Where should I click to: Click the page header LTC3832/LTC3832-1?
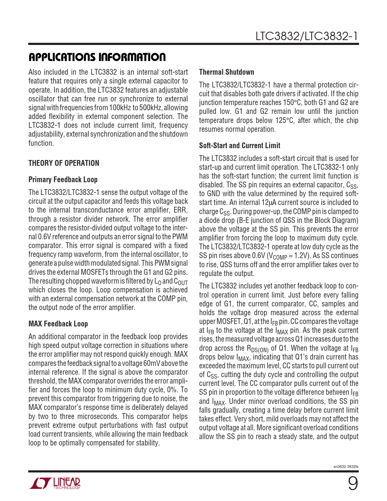tap(307, 36)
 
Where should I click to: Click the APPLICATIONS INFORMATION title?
tap(97, 57)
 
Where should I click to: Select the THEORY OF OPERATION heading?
tap(64, 163)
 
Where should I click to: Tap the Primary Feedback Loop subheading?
tap(63, 179)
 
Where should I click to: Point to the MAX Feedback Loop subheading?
tap(58, 324)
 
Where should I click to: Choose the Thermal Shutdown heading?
tap(226, 72)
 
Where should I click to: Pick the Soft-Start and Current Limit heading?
tap(239, 145)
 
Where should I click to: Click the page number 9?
tap(353, 483)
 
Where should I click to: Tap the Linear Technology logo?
tap(55, 483)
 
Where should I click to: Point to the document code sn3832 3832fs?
tap(346, 467)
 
